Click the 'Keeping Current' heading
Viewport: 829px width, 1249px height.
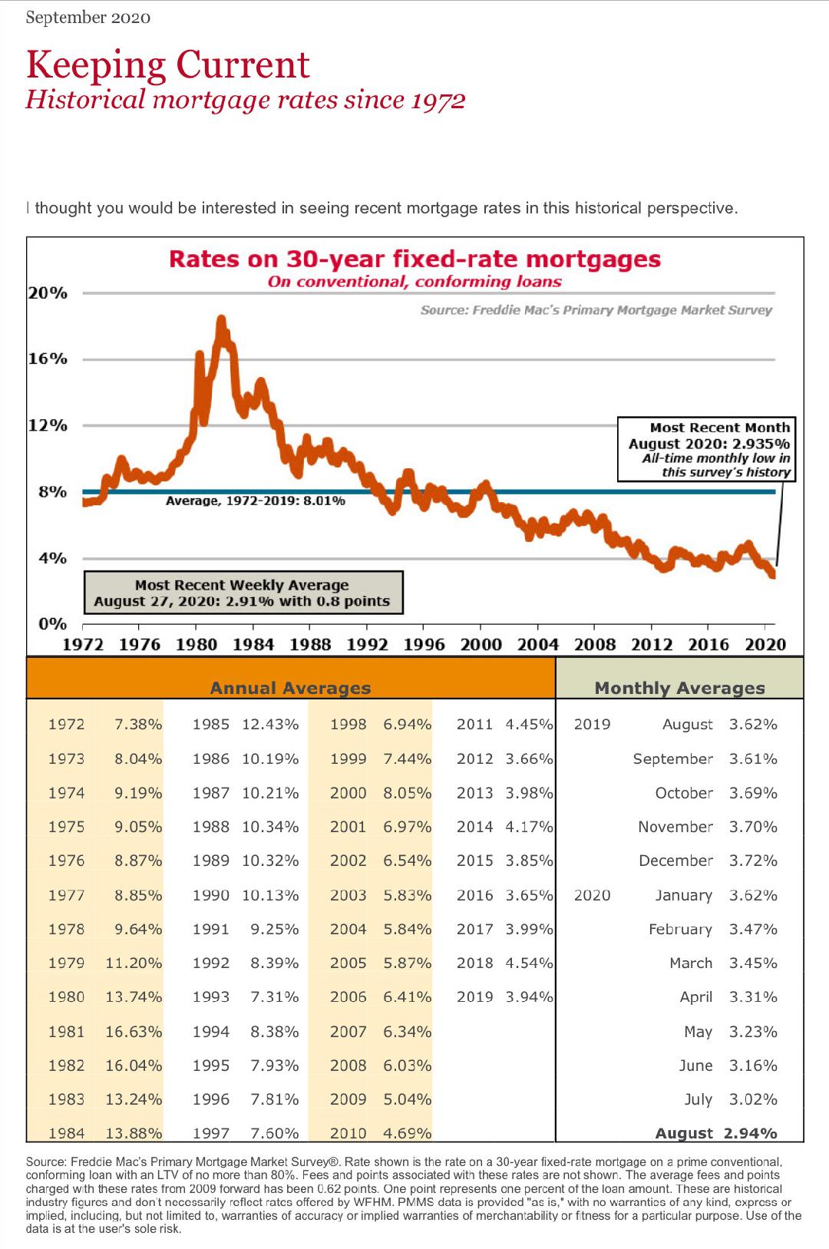168,65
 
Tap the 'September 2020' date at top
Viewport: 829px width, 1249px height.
88,18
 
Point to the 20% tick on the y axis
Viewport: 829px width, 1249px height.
48,293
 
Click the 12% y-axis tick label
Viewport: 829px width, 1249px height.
48,425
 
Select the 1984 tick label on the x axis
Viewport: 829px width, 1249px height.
253,645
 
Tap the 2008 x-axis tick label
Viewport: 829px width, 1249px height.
595,645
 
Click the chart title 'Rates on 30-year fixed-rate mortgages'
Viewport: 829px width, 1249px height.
414,259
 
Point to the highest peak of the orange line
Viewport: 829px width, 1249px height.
221,319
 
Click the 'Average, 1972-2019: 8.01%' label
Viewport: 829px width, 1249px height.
256,501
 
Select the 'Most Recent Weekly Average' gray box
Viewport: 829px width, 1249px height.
243,593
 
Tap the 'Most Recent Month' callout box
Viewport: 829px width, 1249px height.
705,449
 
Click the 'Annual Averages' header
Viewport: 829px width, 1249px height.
290,688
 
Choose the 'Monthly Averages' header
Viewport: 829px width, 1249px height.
679,688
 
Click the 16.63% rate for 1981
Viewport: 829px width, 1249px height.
134,1032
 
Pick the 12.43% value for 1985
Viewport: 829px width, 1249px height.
270,724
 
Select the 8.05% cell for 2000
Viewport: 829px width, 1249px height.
407,792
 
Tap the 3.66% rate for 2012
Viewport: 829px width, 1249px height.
529,758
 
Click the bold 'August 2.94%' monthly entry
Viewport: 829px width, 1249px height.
715,1133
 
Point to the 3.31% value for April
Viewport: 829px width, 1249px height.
753,997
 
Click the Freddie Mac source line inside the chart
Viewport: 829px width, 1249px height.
596,310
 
